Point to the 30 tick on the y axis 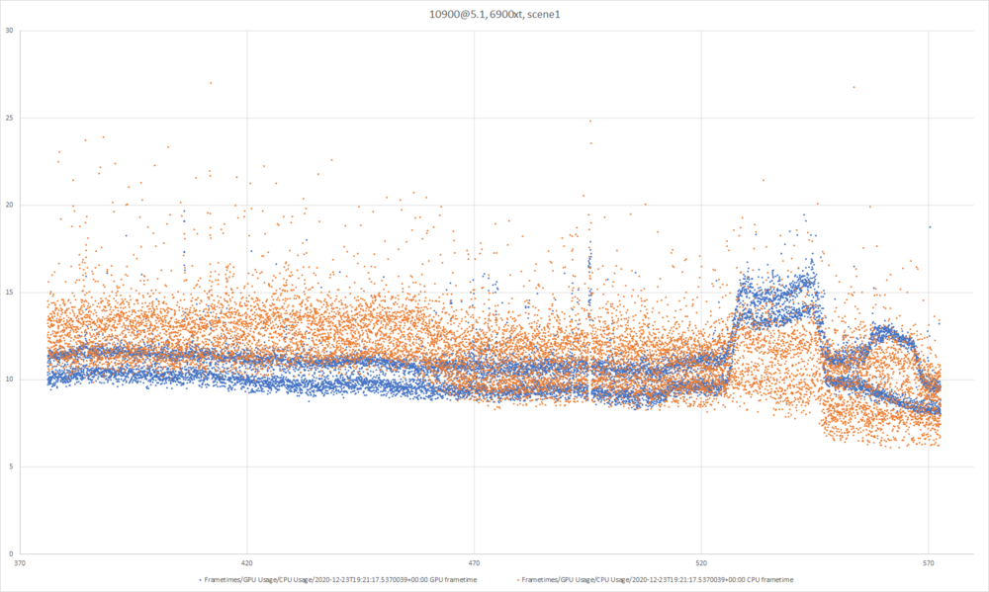tap(9, 31)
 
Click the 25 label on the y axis tap(9, 118)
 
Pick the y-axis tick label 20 tap(9, 205)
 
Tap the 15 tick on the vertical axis tap(9, 293)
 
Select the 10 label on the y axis tap(9, 380)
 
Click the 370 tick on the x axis tap(20, 564)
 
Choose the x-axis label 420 tap(247, 564)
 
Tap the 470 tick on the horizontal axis tap(474, 564)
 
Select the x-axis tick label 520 tap(701, 564)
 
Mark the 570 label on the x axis tap(929, 564)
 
